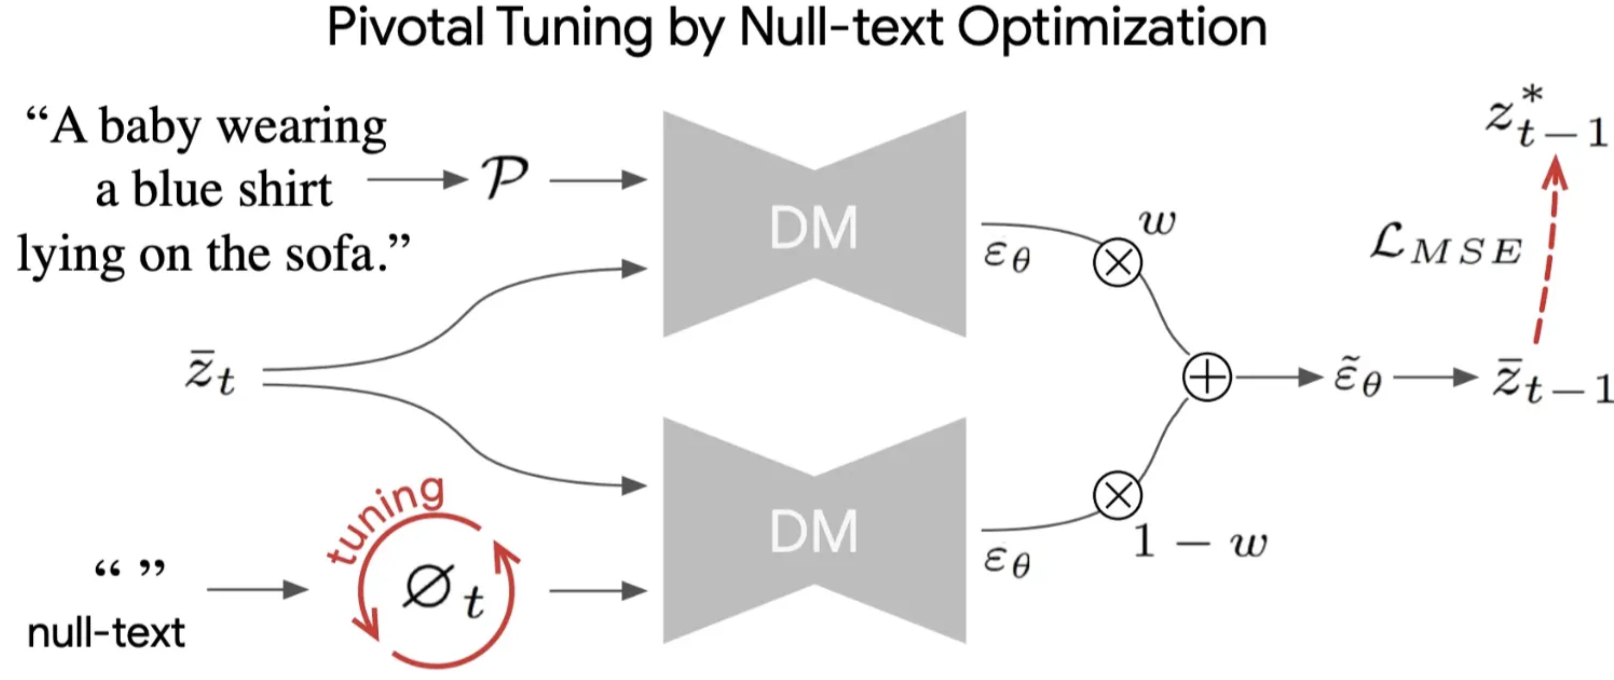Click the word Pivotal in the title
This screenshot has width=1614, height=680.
[x=405, y=28]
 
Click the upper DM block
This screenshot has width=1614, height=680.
[x=814, y=225]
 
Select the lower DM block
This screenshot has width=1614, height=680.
[x=814, y=531]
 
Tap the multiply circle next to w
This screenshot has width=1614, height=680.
[x=1118, y=262]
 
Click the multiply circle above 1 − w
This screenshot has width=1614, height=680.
[x=1118, y=495]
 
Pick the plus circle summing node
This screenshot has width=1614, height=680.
[x=1207, y=377]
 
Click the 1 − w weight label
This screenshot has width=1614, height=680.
[x=1200, y=542]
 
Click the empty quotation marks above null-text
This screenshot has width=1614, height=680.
[x=129, y=569]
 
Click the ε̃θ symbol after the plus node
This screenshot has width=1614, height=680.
[x=1357, y=378]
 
